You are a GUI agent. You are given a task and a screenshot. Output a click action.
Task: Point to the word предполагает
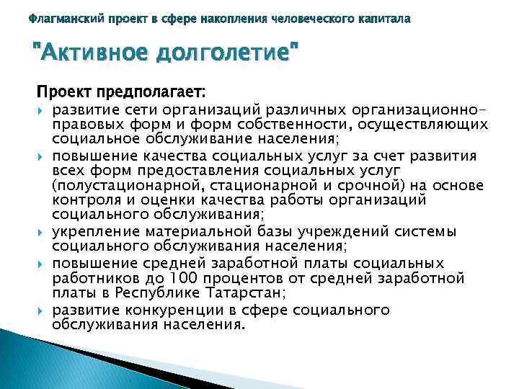tap(159, 93)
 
